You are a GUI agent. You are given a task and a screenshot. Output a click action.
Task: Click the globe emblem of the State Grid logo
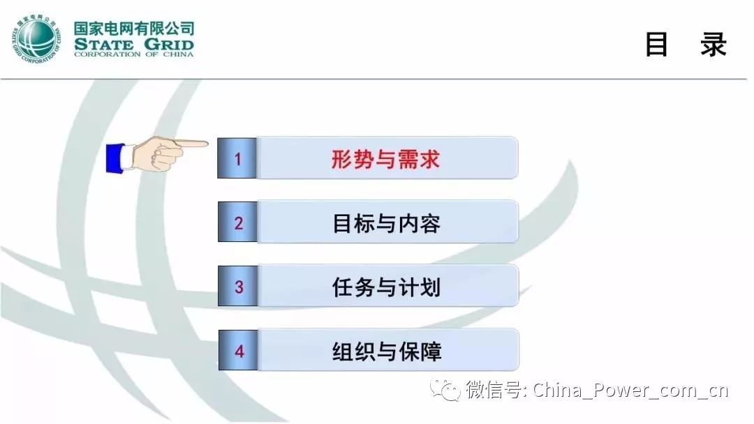pyautogui.click(x=36, y=39)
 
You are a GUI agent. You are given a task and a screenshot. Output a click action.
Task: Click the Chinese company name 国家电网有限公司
pyautogui.click(x=134, y=29)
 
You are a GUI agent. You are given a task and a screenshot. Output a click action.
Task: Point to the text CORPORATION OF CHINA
pyautogui.click(x=133, y=54)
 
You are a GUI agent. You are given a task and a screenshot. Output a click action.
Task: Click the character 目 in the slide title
pyautogui.click(x=656, y=45)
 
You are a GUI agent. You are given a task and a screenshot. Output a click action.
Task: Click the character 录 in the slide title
pyautogui.click(x=713, y=45)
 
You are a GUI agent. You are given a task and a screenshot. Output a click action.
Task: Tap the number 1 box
pyautogui.click(x=237, y=158)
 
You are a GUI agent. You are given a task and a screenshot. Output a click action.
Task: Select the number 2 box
pyautogui.click(x=237, y=222)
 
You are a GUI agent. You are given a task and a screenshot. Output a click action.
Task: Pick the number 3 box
pyautogui.click(x=238, y=286)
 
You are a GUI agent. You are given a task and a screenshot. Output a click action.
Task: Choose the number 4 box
pyautogui.click(x=239, y=350)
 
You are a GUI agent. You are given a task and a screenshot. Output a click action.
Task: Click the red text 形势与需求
pyautogui.click(x=385, y=159)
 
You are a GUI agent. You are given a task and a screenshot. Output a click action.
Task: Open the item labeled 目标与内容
pyautogui.click(x=386, y=223)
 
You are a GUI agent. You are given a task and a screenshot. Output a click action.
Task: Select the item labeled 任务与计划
pyautogui.click(x=386, y=287)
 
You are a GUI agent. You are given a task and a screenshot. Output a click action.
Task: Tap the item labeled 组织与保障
pyautogui.click(x=387, y=351)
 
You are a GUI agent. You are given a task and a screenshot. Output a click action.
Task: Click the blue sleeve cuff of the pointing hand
pyautogui.click(x=115, y=158)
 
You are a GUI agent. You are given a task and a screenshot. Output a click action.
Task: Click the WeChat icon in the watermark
pyautogui.click(x=445, y=389)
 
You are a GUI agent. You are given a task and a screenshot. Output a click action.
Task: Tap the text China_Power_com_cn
pyautogui.click(x=630, y=390)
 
